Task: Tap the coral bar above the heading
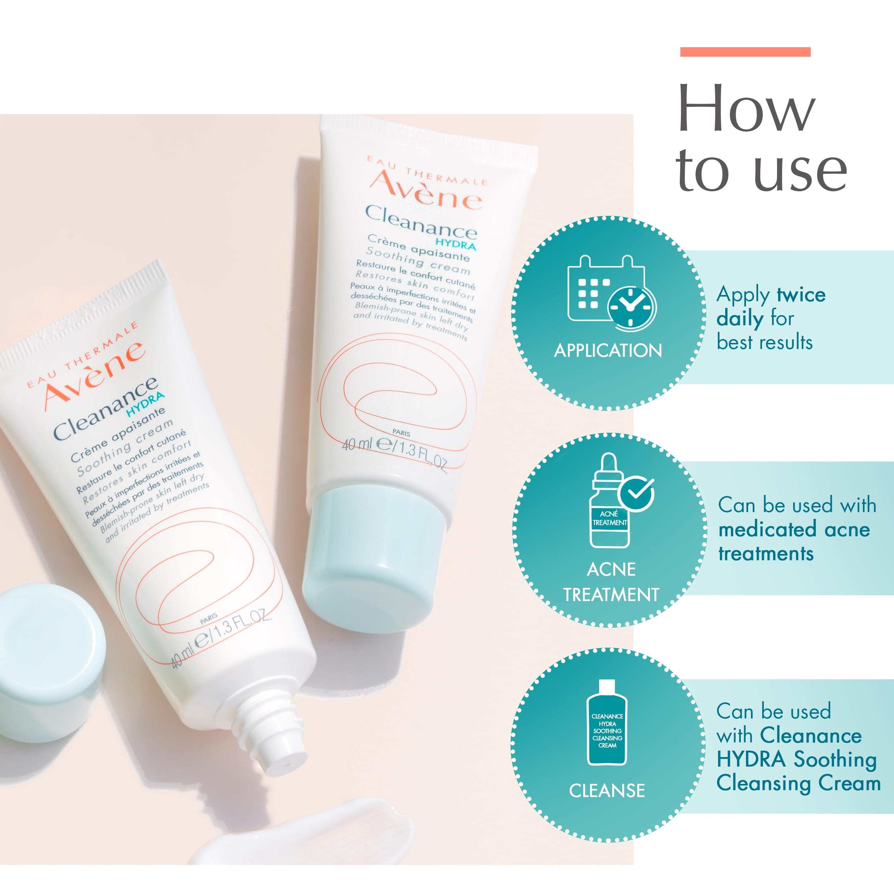pos(745,52)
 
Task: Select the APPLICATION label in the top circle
pos(608,351)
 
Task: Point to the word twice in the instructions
pos(801,295)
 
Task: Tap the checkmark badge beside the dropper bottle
pos(636,493)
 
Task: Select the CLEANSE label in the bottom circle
pos(606,791)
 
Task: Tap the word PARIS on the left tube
pos(209,619)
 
